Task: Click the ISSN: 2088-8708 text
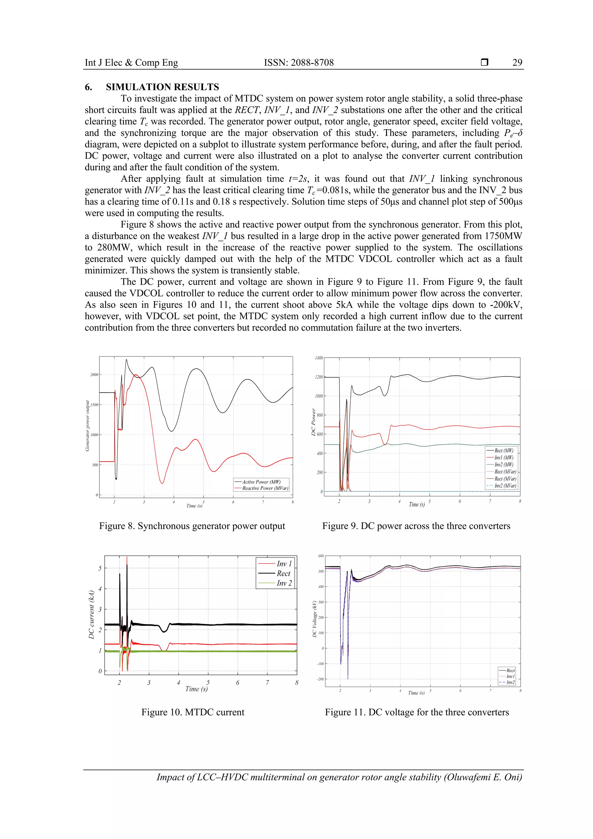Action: pyautogui.click(x=299, y=63)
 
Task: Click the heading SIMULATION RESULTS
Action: pyautogui.click(x=162, y=87)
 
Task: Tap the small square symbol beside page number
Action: pyautogui.click(x=484, y=63)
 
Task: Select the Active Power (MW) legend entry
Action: pyautogui.click(x=261, y=482)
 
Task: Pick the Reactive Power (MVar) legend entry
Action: pyautogui.click(x=265, y=488)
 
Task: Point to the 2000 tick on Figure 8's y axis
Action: pyautogui.click(x=94, y=374)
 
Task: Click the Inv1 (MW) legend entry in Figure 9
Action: pyautogui.click(x=504, y=458)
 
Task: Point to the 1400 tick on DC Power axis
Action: pyautogui.click(x=319, y=358)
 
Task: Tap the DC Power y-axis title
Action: pyautogui.click(x=313, y=422)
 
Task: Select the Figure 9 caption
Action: pyautogui.click(x=416, y=526)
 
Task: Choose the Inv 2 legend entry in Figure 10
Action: pyautogui.click(x=284, y=583)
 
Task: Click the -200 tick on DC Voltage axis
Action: pyautogui.click(x=320, y=679)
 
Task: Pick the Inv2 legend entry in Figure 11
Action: pyautogui.click(x=510, y=682)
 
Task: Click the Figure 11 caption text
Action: pyautogui.click(x=417, y=712)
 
